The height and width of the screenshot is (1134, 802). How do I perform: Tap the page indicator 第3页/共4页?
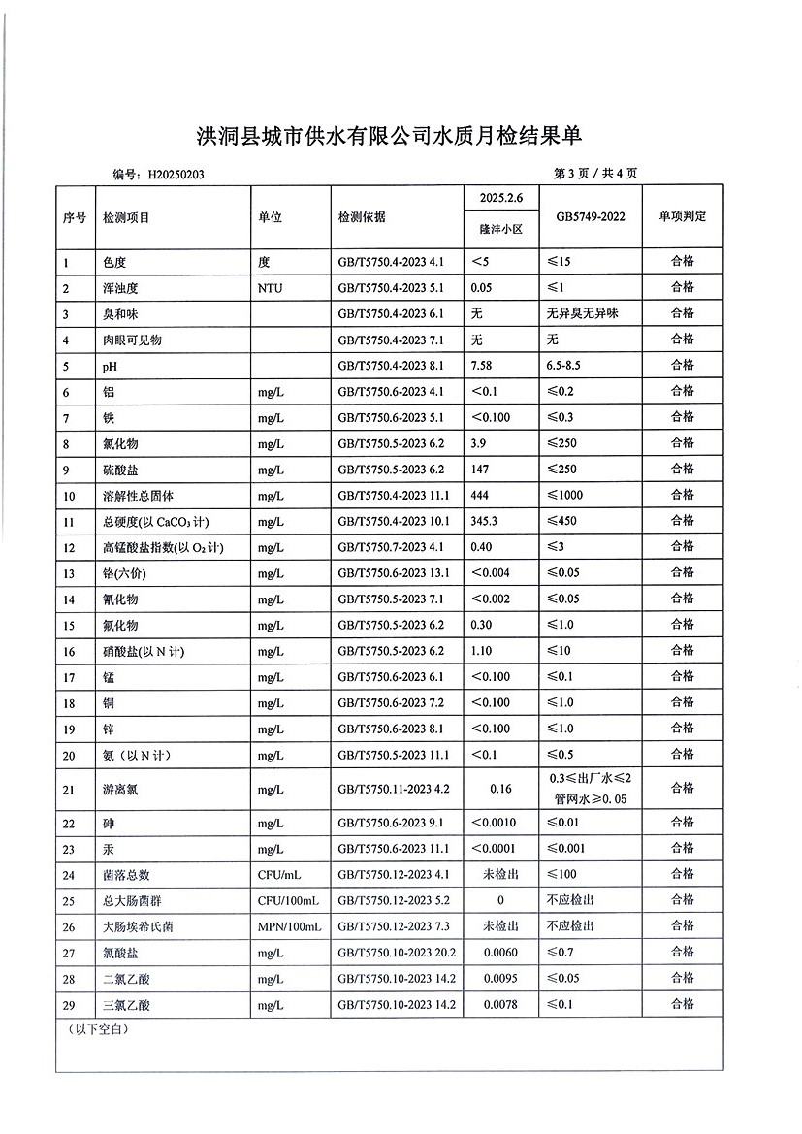click(x=594, y=174)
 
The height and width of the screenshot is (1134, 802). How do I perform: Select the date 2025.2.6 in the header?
click(x=500, y=199)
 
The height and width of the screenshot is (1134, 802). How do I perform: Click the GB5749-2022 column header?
click(x=591, y=216)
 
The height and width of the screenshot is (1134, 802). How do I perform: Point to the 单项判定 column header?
click(x=683, y=215)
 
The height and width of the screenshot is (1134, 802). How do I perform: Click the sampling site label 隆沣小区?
click(x=500, y=231)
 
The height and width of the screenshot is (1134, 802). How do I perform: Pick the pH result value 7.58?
click(x=483, y=365)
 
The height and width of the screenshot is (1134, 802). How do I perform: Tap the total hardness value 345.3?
click(x=486, y=521)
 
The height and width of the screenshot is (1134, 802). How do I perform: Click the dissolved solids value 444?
click(x=481, y=496)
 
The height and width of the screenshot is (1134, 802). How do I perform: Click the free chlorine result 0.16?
click(x=500, y=789)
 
